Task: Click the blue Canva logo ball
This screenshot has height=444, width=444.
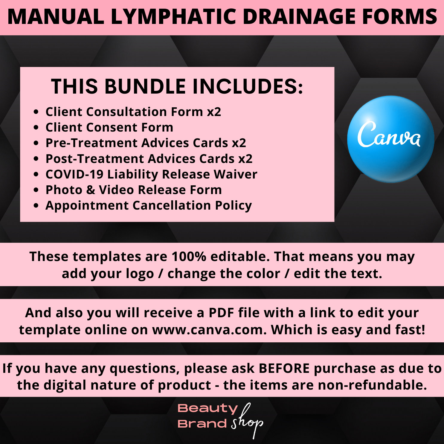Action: (x=390, y=139)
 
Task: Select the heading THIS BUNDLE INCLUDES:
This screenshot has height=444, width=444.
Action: (x=177, y=87)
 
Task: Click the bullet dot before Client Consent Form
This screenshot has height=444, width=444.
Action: (x=36, y=128)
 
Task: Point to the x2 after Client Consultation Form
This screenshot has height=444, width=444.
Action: (x=214, y=112)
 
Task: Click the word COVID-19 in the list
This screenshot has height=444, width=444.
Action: (x=74, y=174)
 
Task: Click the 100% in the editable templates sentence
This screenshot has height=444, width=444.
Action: (x=189, y=257)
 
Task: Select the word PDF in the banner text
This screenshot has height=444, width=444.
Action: (x=221, y=313)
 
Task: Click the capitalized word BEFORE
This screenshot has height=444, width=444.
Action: (x=284, y=368)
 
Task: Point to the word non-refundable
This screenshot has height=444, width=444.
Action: (x=372, y=385)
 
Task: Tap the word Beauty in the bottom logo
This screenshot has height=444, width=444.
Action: (x=208, y=408)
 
